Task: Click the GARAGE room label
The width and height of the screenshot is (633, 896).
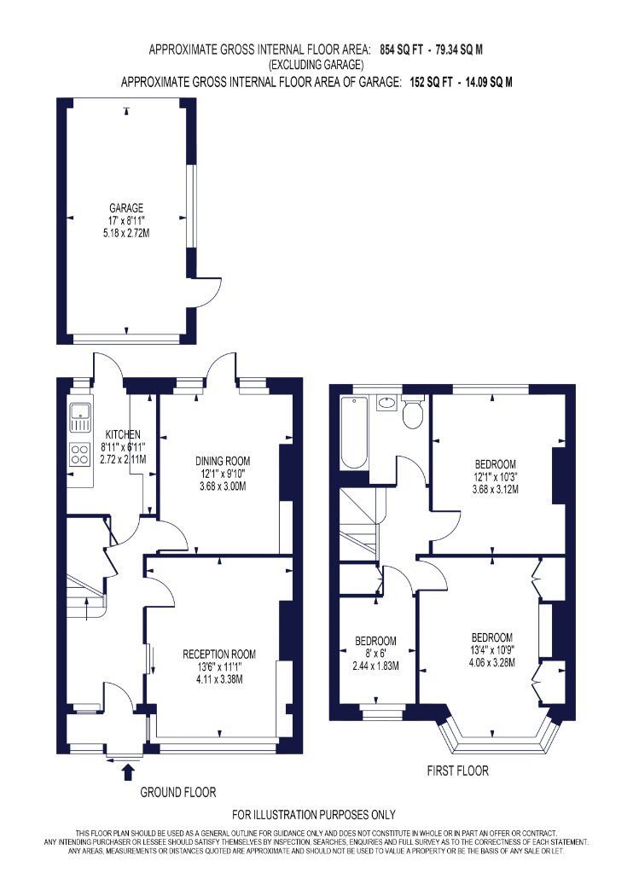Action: [x=126, y=208]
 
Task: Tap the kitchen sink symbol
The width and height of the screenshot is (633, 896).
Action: [x=80, y=418]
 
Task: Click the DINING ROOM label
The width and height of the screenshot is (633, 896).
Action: [x=223, y=461]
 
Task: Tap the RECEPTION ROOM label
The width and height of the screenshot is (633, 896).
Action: [x=219, y=655]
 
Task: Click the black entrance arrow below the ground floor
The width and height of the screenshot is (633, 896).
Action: [x=129, y=772]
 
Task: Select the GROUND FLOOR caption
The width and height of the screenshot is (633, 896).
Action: [x=178, y=793]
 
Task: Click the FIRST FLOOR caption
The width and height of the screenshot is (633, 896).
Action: [x=457, y=771]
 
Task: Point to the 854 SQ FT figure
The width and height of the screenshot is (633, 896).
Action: [x=402, y=49]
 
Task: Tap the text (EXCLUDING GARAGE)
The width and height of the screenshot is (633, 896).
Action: [x=316, y=65]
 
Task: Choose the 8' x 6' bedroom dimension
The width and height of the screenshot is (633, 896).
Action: [x=375, y=654]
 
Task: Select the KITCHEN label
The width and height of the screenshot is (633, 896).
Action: [x=123, y=435]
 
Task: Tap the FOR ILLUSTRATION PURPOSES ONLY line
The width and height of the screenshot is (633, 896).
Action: [x=314, y=815]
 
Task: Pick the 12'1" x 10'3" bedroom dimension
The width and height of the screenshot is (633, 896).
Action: [x=496, y=476]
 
